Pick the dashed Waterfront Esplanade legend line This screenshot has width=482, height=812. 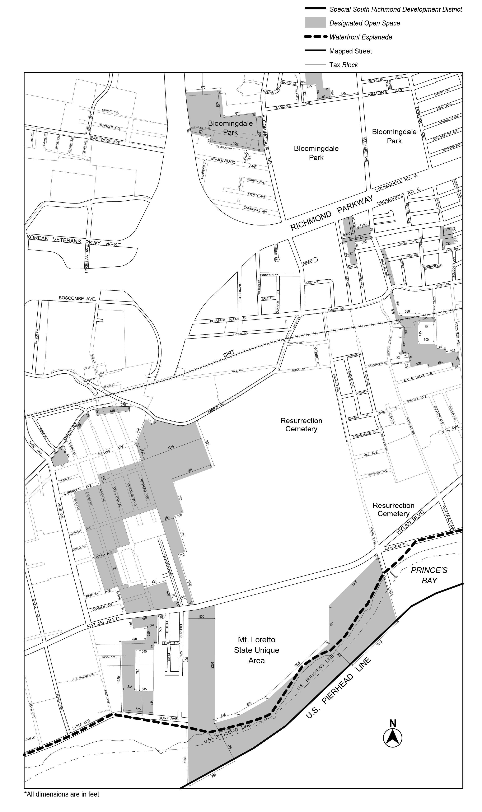point(315,37)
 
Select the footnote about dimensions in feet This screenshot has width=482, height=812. point(62,801)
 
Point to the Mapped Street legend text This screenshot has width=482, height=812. point(350,51)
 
